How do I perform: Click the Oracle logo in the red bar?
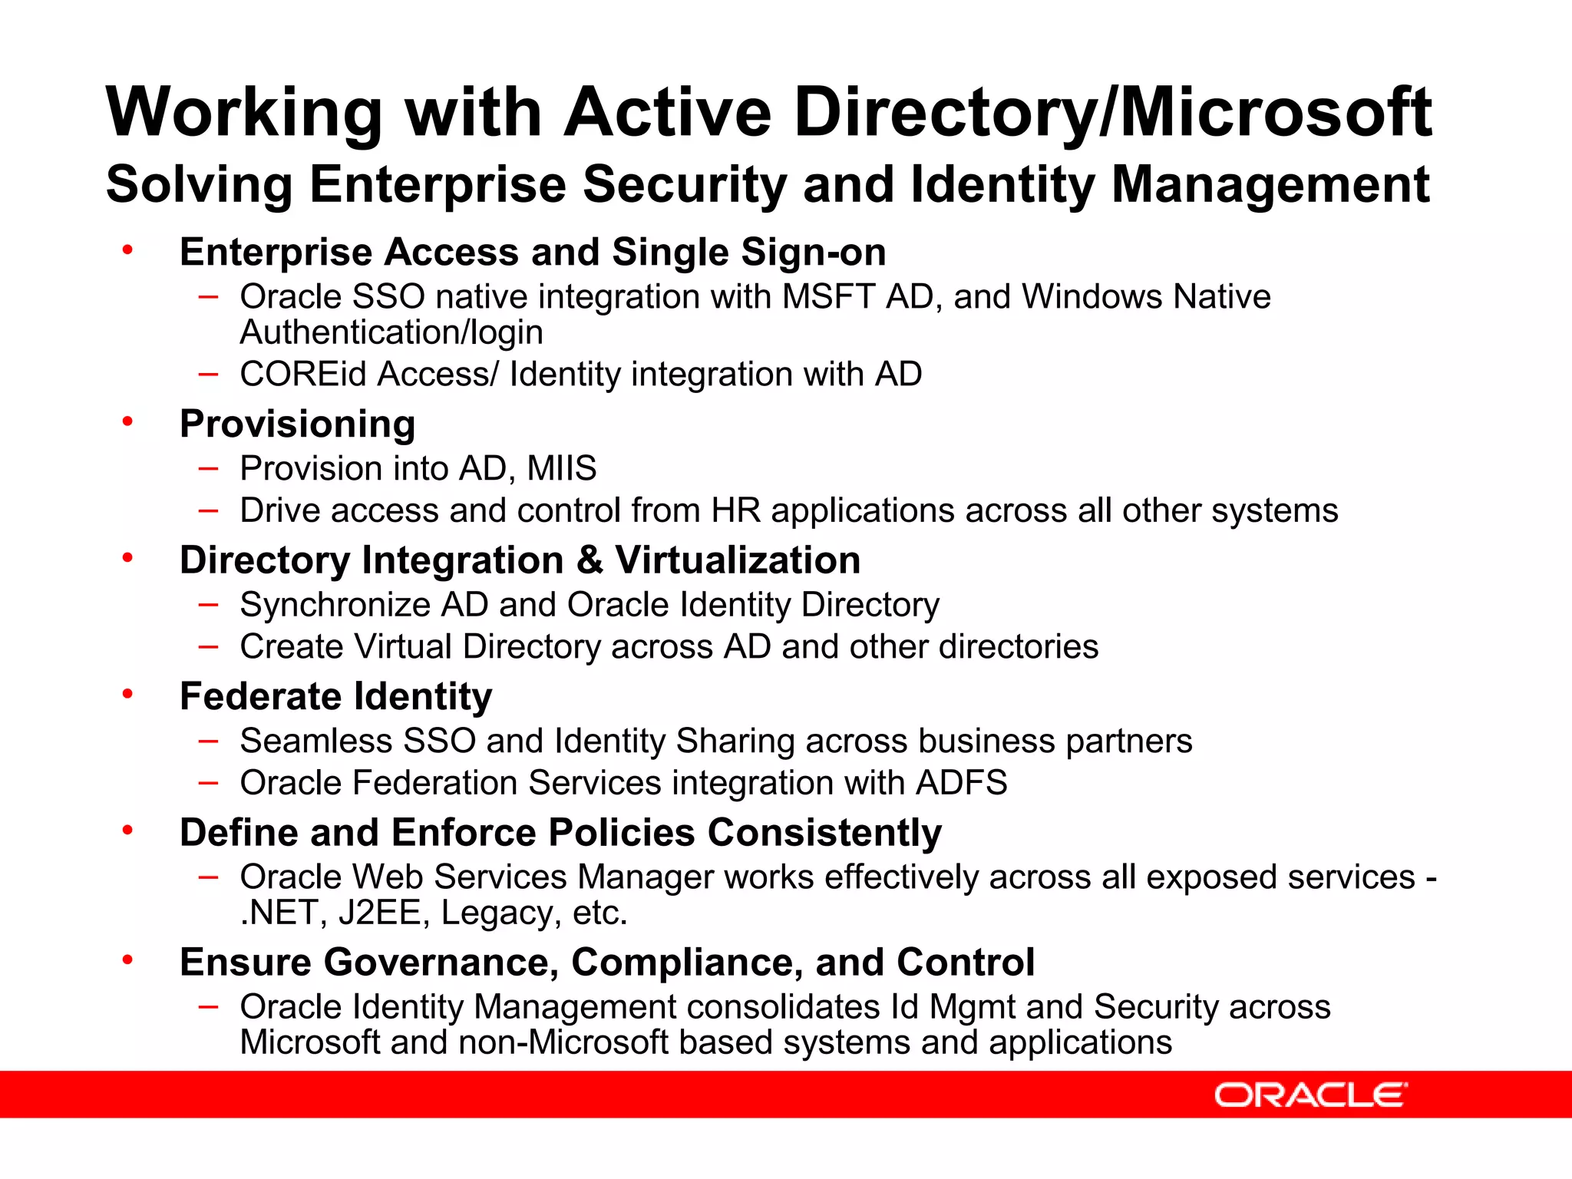pyautogui.click(x=1310, y=1095)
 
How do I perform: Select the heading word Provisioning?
pyautogui.click(x=297, y=424)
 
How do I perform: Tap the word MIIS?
pyautogui.click(x=561, y=468)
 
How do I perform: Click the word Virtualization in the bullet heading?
pyautogui.click(x=738, y=560)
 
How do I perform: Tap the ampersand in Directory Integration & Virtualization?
pyautogui.click(x=589, y=560)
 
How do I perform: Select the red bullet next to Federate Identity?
pyautogui.click(x=127, y=693)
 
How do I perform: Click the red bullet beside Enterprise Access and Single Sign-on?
pyautogui.click(x=127, y=249)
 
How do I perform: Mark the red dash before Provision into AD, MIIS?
pyautogui.click(x=208, y=468)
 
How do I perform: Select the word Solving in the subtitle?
pyautogui.click(x=199, y=185)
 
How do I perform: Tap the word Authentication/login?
pyautogui.click(x=391, y=332)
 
